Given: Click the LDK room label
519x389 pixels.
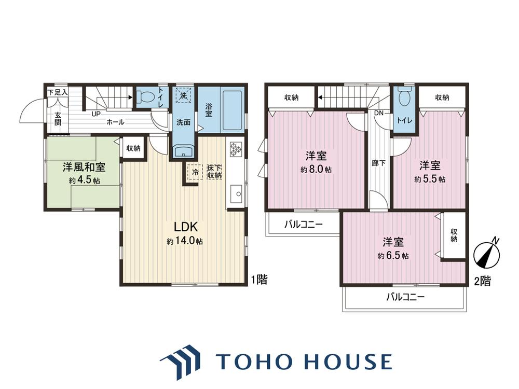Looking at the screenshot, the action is tap(186, 227).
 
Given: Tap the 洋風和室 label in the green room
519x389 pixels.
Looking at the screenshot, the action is tap(84, 168).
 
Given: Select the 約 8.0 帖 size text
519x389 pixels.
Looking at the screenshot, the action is tap(316, 170).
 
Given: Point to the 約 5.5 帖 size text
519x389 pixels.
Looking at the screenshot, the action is tap(430, 179).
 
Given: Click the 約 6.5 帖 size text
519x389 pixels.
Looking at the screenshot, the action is tap(393, 256).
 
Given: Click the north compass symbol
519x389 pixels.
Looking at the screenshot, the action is tap(487, 253).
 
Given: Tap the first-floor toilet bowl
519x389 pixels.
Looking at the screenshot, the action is tap(146, 97).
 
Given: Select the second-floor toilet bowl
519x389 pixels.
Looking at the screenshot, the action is tap(404, 96).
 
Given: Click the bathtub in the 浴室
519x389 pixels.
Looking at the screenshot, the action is tap(233, 109).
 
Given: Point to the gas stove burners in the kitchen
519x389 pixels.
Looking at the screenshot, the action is tap(236, 149).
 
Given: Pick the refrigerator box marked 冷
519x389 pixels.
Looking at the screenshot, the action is tap(195, 172).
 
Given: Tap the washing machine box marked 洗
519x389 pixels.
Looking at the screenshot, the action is tap(183, 95).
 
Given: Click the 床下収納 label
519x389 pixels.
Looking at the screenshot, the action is tap(214, 172).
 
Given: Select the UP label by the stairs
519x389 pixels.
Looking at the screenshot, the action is tap(95, 114).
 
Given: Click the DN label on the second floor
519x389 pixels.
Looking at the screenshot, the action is tap(379, 113).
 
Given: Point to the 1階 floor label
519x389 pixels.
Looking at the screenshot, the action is tap(259, 280).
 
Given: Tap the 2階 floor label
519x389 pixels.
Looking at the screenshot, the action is tap(483, 281).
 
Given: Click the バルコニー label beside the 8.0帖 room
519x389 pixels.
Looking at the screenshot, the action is tap(303, 225).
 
